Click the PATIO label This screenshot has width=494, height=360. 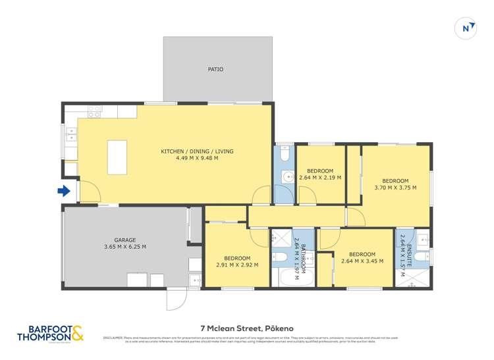click(215, 69)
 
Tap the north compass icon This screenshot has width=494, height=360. click(466, 28)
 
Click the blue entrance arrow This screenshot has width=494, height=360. click(64, 192)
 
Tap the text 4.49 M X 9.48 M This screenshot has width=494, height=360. click(197, 159)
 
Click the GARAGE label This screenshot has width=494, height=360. click(124, 240)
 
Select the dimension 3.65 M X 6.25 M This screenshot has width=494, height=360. click(124, 247)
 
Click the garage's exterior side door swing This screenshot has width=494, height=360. click(176, 300)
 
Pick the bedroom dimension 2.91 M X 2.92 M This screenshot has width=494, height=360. click(236, 265)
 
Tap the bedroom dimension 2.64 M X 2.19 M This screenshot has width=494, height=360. click(319, 178)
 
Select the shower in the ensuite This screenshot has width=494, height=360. click(412, 278)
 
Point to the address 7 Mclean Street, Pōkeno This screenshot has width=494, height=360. click(246, 327)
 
